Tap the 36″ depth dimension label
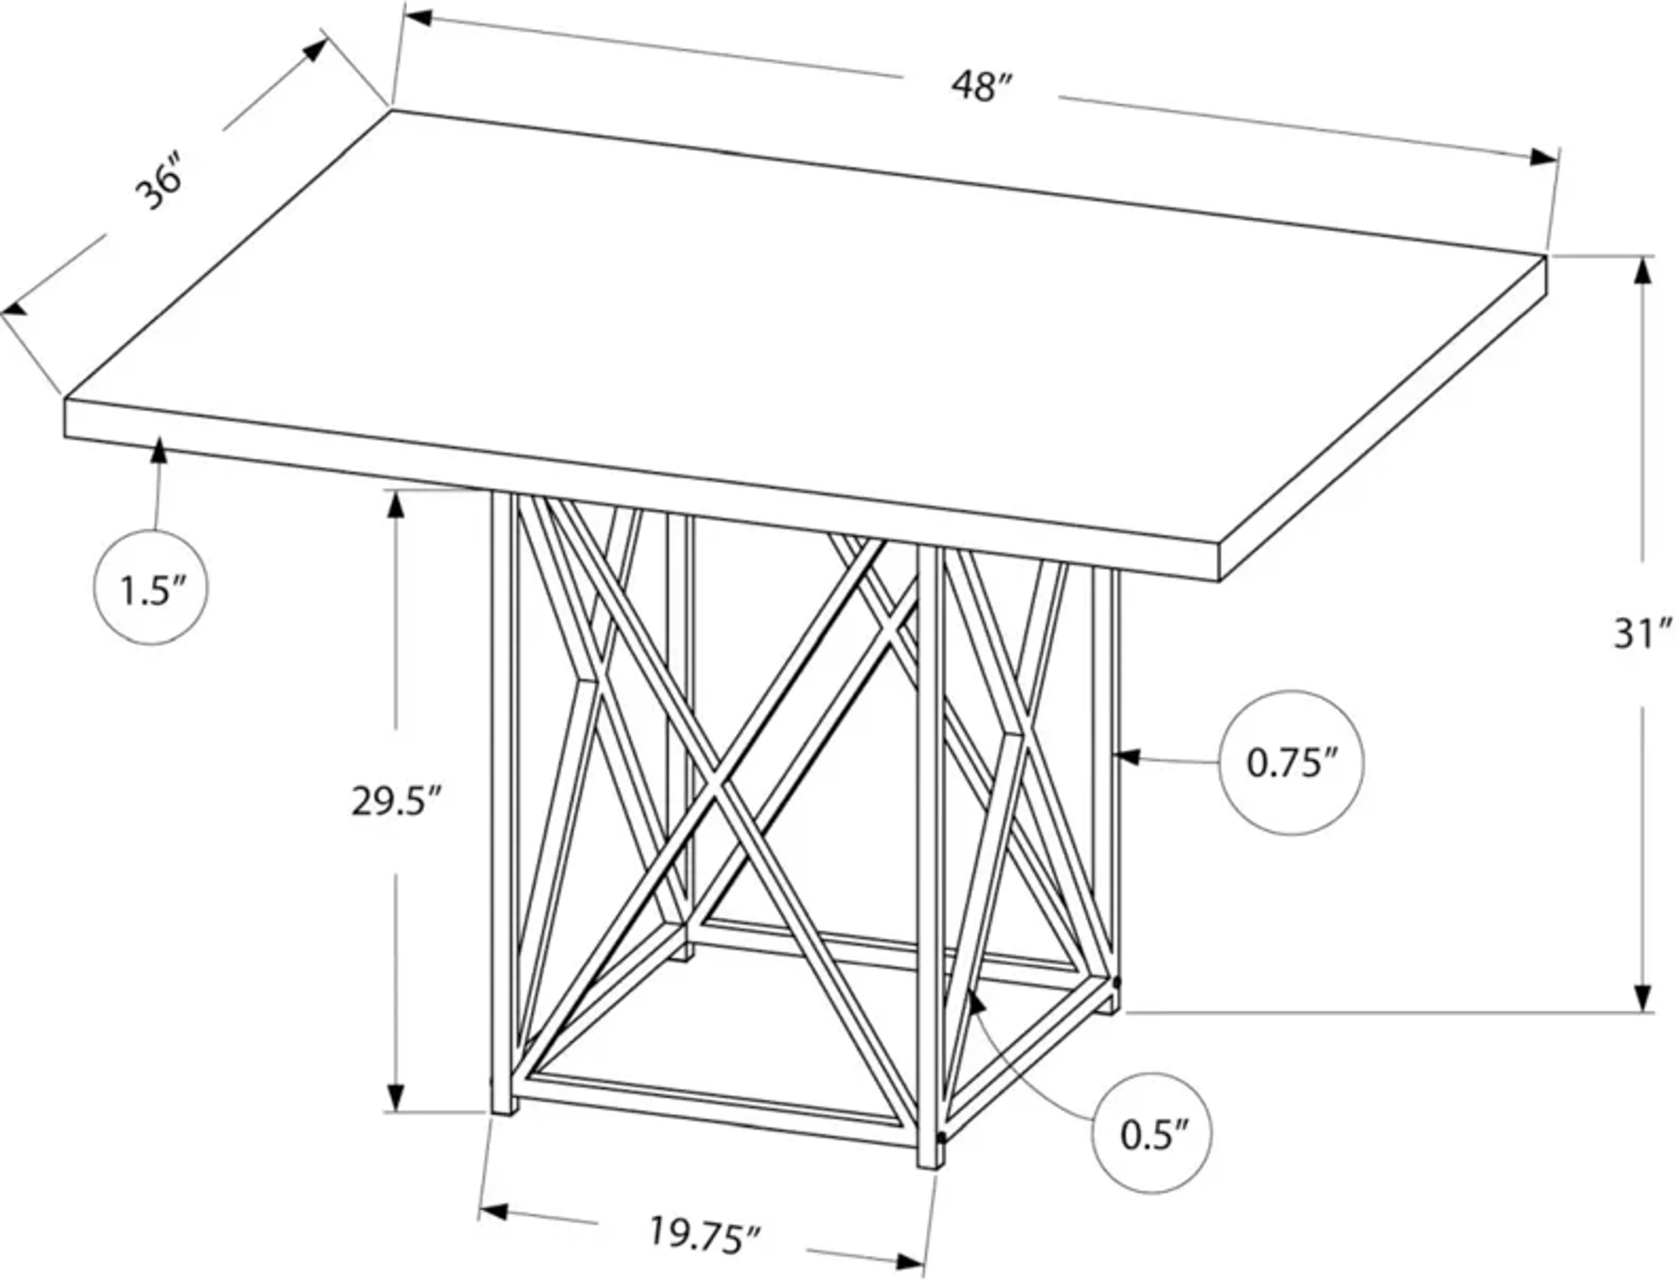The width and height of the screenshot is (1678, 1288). tap(159, 183)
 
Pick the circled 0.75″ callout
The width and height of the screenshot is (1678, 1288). tap(1291, 763)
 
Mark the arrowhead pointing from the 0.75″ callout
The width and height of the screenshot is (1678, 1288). tap(1126, 757)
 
